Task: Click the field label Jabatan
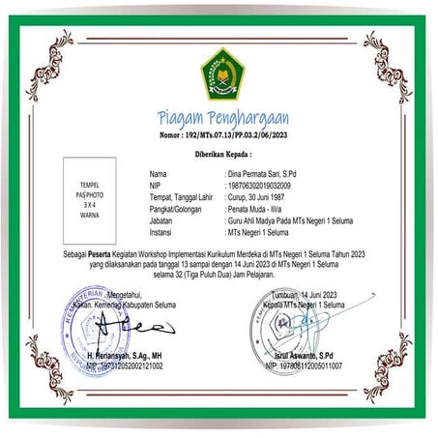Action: tap(152, 220)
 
